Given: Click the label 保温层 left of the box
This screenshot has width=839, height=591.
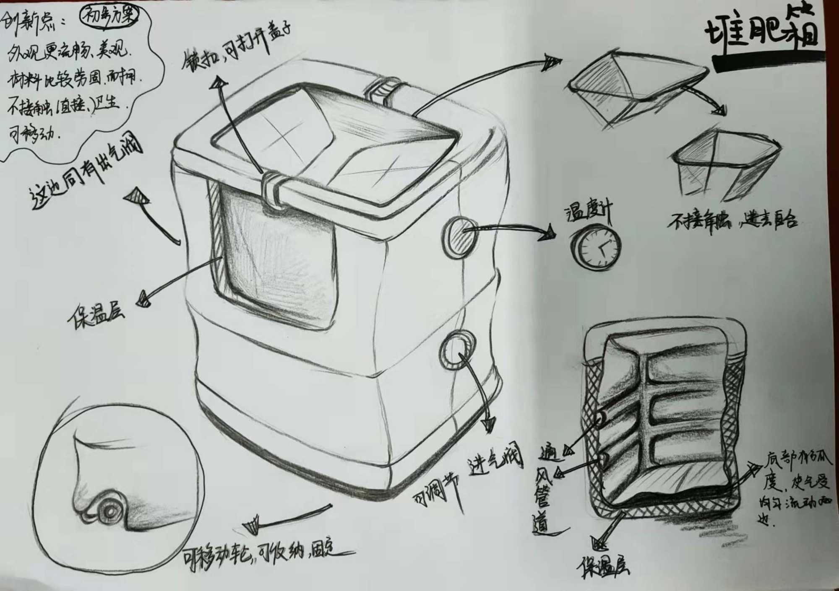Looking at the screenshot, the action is [x=96, y=316].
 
